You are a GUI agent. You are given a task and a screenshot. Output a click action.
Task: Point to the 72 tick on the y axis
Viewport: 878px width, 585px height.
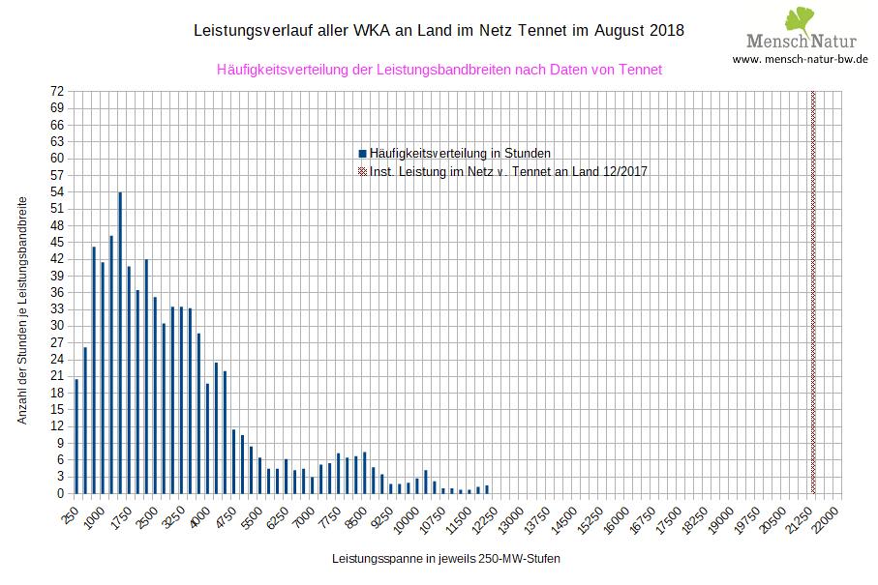pos(57,91)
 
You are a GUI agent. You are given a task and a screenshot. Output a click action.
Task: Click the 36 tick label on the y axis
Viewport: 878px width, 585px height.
pos(57,292)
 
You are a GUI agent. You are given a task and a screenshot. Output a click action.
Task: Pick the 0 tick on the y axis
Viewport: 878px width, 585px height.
pos(60,493)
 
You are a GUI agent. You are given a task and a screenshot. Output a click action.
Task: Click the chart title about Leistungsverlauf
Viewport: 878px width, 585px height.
pos(439,31)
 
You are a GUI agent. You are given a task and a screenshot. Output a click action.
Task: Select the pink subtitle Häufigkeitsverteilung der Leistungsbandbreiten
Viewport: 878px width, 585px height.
pos(439,70)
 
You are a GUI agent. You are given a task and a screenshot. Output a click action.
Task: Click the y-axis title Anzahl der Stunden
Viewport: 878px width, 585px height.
pos(22,308)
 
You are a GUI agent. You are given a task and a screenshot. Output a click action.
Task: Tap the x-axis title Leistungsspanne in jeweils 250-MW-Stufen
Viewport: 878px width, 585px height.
pos(446,559)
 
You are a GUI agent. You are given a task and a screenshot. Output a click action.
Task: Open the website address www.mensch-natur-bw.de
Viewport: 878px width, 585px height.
pos(801,59)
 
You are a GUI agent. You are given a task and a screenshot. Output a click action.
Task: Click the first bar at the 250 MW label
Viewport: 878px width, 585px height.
pos(76,436)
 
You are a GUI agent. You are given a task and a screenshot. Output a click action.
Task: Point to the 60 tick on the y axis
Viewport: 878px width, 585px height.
pos(57,158)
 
